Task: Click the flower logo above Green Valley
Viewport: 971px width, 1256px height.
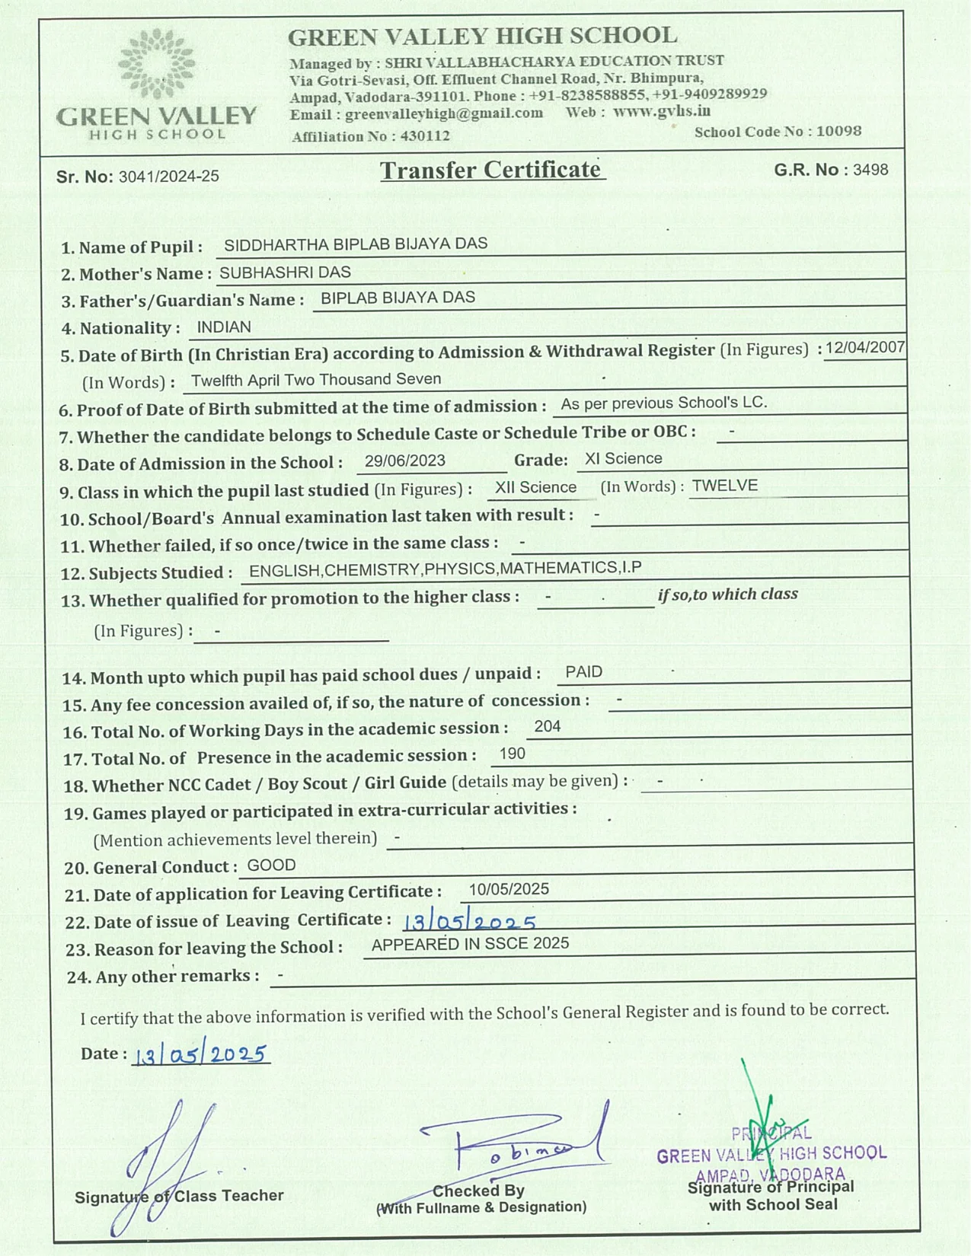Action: click(x=157, y=64)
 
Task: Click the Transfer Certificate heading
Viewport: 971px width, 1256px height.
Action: click(x=491, y=170)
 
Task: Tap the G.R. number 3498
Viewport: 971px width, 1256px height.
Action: click(x=870, y=170)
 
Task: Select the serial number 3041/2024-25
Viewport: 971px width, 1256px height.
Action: click(x=168, y=177)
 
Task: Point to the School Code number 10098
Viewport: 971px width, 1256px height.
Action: click(x=838, y=131)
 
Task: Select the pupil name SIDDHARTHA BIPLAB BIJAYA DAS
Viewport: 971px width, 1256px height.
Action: click(x=356, y=244)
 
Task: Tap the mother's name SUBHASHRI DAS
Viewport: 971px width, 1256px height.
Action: click(x=286, y=273)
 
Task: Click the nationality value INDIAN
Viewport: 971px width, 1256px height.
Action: click(x=224, y=327)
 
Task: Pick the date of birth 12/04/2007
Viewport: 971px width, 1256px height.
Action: click(x=864, y=348)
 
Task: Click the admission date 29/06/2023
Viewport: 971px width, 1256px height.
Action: click(x=404, y=461)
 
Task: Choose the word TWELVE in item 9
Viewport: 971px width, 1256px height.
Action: click(x=724, y=486)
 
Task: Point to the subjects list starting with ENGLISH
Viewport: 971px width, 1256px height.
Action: click(x=445, y=569)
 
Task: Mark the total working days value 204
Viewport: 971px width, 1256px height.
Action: click(x=547, y=727)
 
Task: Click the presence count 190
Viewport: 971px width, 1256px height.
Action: click(x=512, y=754)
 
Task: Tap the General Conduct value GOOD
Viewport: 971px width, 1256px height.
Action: click(x=271, y=865)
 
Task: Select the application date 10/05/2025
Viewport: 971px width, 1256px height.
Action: click(x=509, y=890)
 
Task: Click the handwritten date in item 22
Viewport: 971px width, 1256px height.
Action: click(x=469, y=922)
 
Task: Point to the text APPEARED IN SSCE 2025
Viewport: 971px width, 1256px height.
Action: click(x=470, y=944)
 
